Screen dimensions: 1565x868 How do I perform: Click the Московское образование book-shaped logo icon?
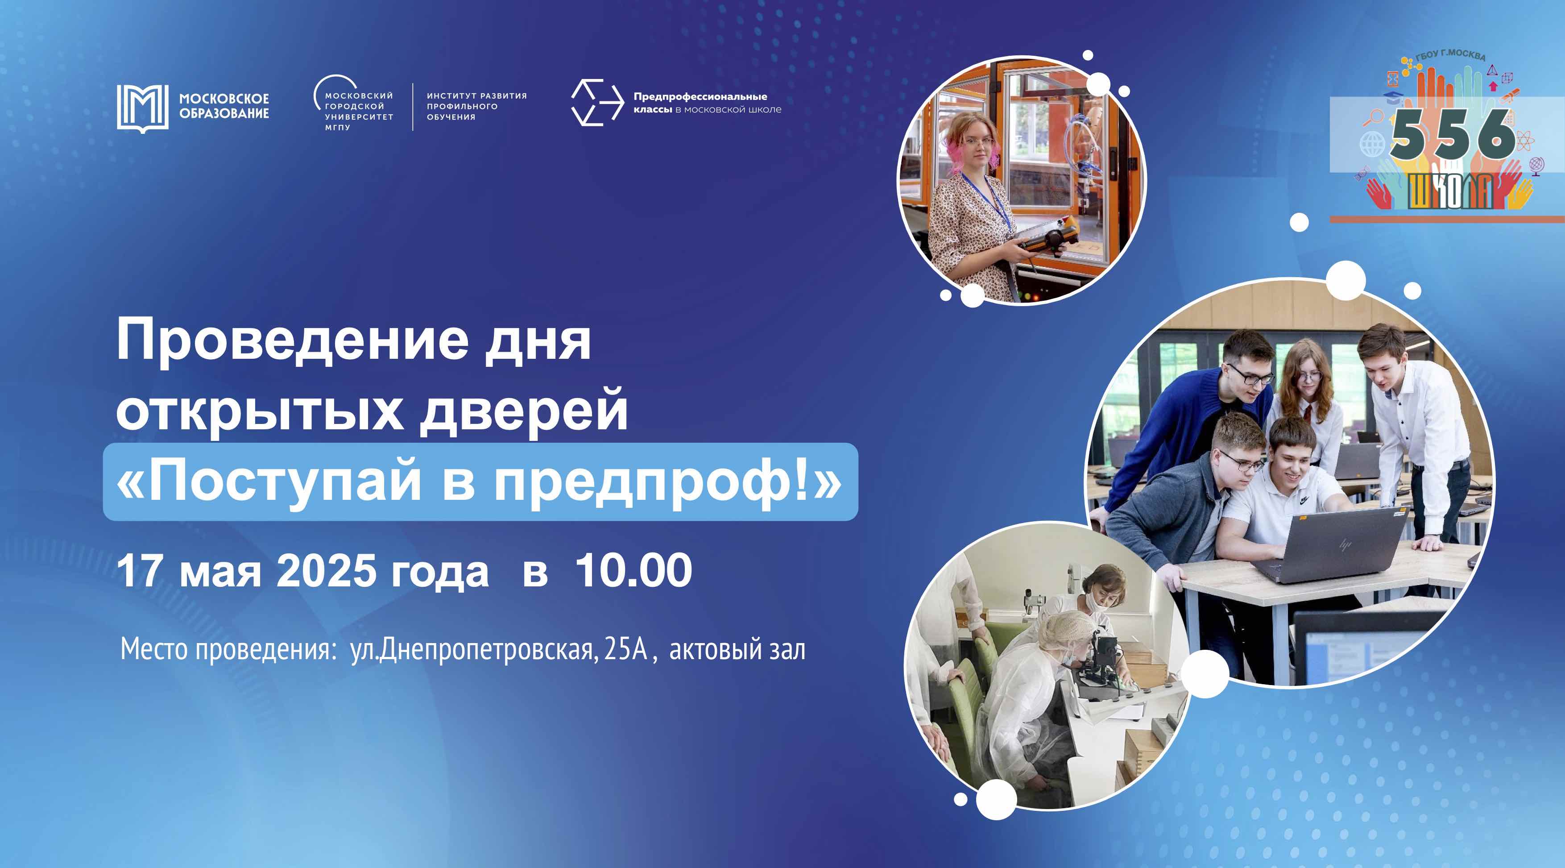coord(142,108)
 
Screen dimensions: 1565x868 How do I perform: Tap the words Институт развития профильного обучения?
coord(477,106)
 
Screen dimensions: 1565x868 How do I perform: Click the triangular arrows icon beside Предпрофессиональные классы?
coord(597,102)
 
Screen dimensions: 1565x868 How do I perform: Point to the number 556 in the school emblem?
coord(1453,135)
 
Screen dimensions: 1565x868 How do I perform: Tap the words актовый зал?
coord(737,650)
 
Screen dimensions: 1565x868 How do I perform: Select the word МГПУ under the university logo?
coord(337,128)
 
